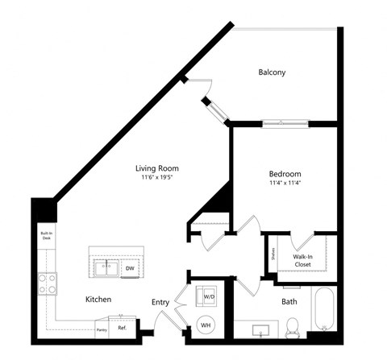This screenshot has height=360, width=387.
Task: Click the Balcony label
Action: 272,72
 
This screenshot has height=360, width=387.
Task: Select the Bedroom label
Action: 285,173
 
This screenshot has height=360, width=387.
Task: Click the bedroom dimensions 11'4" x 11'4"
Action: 285,183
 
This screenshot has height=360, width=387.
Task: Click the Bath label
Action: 289,302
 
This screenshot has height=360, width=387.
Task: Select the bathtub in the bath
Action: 325,309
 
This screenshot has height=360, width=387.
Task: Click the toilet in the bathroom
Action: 293,326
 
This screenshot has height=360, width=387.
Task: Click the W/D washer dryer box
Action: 209,297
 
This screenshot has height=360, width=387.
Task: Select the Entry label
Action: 160,302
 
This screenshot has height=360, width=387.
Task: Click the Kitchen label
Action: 98,299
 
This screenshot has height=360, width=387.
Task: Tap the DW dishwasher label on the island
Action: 130,268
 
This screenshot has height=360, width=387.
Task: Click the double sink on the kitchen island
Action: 106,268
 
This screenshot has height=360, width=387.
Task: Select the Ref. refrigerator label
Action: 122,328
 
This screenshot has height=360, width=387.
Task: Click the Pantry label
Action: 102,330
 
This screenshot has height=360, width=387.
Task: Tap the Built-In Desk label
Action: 46,237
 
